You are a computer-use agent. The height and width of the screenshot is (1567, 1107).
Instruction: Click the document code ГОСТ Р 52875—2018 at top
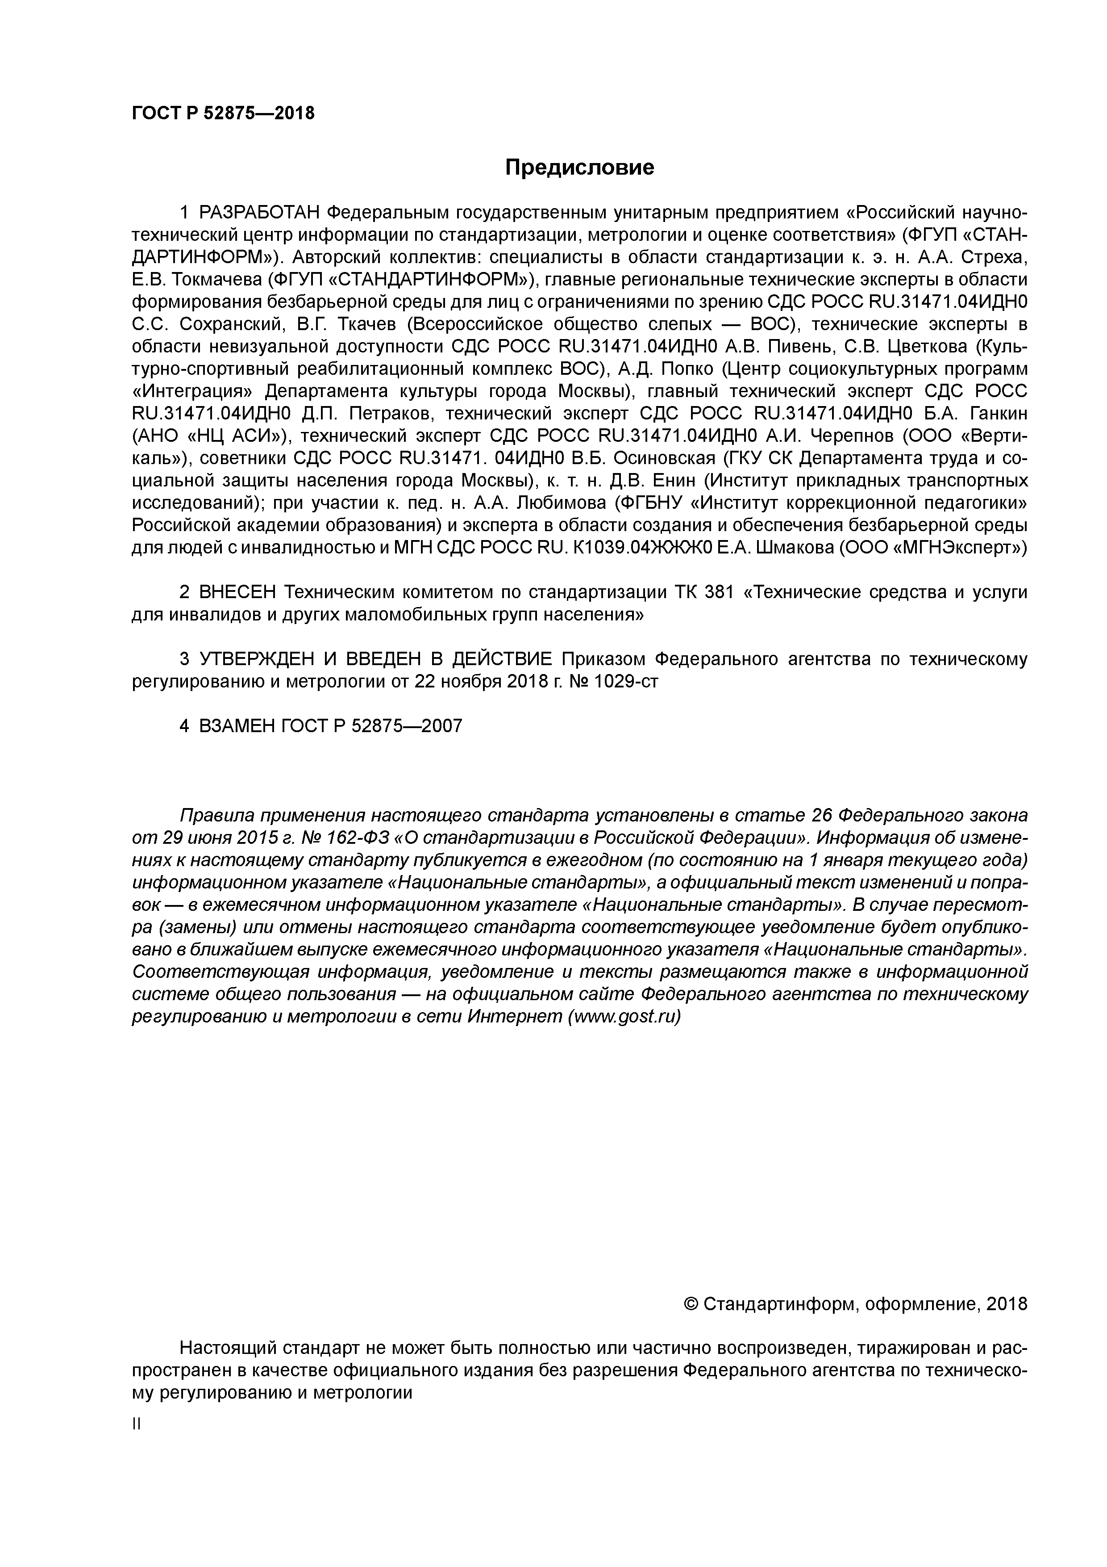pyautogui.click(x=223, y=113)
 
